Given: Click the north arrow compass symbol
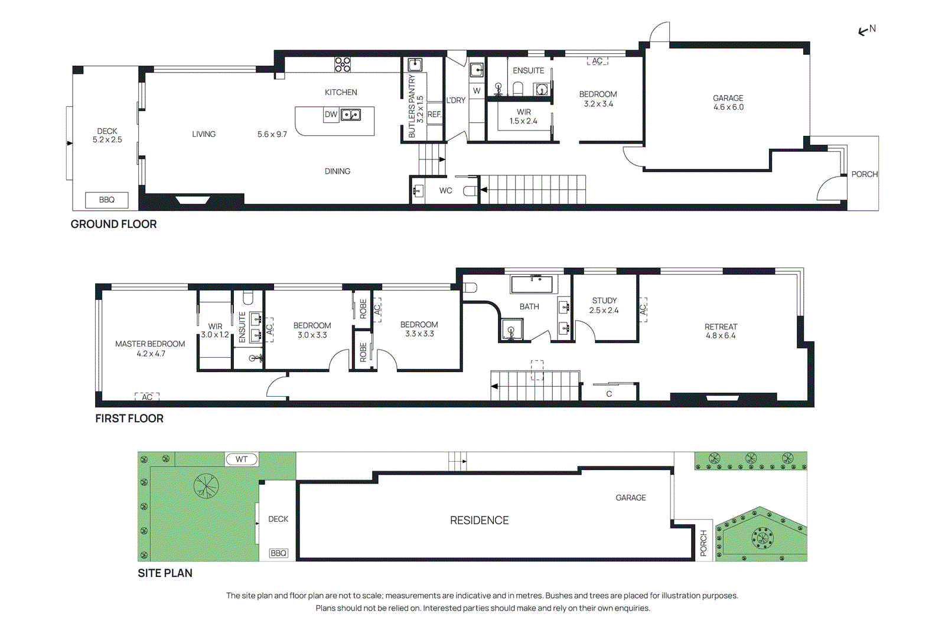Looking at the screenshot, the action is [x=867, y=30].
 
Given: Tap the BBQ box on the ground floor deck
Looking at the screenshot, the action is [x=107, y=200].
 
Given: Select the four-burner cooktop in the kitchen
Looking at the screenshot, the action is [x=343, y=64].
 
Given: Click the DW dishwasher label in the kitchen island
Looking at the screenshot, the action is [x=331, y=115].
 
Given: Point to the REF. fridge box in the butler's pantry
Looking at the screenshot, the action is [x=434, y=115].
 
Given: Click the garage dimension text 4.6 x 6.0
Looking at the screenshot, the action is [x=729, y=107].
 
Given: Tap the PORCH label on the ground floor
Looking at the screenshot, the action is [x=865, y=174].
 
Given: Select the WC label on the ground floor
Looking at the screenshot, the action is [x=445, y=191].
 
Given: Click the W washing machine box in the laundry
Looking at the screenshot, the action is [x=477, y=91].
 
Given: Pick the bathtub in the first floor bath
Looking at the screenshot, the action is [x=532, y=284].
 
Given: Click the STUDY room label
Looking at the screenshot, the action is [x=604, y=301].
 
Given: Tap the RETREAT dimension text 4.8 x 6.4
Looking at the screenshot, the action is [x=721, y=335].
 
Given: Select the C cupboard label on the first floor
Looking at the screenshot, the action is [x=609, y=394].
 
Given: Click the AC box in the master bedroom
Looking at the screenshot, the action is [x=147, y=397].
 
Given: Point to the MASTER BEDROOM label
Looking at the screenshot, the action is [x=150, y=344].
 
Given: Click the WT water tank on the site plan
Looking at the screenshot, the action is [x=242, y=459].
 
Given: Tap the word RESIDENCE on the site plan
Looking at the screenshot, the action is [x=479, y=520].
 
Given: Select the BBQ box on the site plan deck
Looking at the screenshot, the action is [x=278, y=553].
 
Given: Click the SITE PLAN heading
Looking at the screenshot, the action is [x=165, y=573].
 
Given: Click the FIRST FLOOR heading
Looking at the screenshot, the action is [x=129, y=418].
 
